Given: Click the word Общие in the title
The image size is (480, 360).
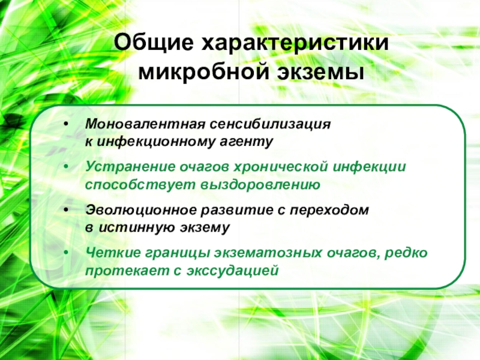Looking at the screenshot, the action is (x=154, y=43).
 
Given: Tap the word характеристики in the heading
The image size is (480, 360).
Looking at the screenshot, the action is (x=295, y=43).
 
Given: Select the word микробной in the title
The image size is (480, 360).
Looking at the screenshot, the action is (x=203, y=73).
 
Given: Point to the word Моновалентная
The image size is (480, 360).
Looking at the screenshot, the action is (x=145, y=124).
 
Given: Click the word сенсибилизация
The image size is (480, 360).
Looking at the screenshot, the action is (x=271, y=125).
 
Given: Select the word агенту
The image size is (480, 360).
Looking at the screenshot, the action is (x=247, y=142).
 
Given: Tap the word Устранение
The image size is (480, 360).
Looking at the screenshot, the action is (x=130, y=167).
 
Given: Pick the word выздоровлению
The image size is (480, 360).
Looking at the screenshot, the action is (x=260, y=185).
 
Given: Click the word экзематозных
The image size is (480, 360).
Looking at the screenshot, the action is (x=268, y=253).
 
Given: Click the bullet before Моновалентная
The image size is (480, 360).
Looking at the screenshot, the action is (x=66, y=124).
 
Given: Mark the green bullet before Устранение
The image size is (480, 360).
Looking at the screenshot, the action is (x=66, y=167).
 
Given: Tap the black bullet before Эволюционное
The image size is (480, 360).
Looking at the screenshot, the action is (x=66, y=210).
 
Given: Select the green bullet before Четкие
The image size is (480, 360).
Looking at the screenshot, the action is (x=66, y=253).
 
